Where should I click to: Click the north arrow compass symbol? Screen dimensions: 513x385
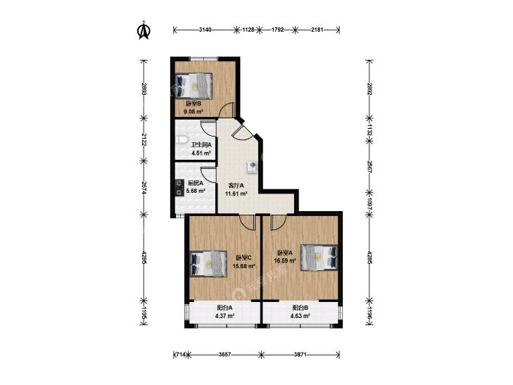144,30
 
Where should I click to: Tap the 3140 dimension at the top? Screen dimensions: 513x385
205,30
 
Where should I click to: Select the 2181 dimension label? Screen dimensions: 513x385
317,30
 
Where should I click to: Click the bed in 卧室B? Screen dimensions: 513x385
194,86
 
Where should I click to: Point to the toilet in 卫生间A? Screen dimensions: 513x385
182,140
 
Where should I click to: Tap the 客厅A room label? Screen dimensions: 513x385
236,186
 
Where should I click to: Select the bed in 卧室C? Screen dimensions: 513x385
209,264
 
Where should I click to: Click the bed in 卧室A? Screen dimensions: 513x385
319,258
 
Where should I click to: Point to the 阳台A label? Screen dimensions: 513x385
224,308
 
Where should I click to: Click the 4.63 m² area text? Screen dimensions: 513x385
300,316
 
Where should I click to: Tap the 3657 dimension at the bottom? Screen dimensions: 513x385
224,355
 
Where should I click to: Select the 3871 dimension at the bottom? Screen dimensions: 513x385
300,355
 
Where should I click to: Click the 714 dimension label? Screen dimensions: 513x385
181,355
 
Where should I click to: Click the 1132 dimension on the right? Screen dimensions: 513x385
369,130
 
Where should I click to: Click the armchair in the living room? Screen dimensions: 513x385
253,166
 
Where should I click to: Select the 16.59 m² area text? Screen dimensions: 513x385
285,261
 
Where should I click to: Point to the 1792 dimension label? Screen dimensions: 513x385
277,30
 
